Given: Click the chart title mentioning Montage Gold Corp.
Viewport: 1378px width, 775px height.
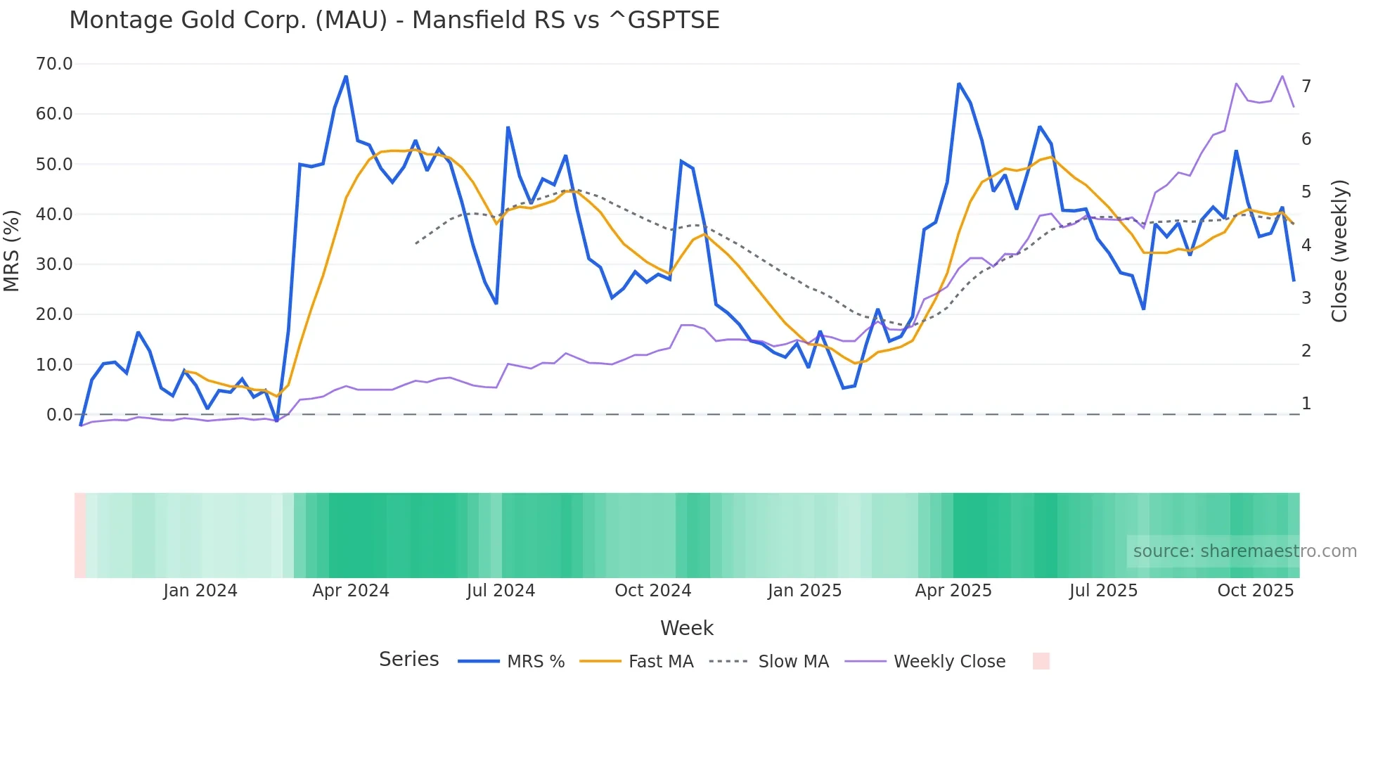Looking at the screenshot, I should [x=394, y=20].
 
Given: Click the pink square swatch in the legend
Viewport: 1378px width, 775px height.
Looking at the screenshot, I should [x=1041, y=661].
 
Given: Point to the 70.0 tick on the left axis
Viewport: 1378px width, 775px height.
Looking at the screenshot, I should [x=54, y=64].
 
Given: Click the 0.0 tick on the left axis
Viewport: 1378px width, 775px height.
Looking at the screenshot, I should [x=59, y=415].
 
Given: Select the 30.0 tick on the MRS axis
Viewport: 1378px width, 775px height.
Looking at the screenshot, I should [x=54, y=264].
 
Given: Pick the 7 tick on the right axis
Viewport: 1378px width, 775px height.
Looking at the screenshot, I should [x=1306, y=87].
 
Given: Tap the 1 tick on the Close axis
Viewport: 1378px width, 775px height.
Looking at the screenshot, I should [x=1306, y=404].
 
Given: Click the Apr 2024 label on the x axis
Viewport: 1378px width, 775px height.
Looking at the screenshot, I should [x=351, y=591].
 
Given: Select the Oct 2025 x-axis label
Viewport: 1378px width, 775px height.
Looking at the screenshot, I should [x=1255, y=591].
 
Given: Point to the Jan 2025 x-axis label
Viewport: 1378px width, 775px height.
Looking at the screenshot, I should [x=804, y=591].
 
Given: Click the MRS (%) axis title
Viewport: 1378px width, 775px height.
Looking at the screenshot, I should [x=11, y=250].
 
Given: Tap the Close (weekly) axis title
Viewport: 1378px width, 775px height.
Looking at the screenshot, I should [x=1339, y=251].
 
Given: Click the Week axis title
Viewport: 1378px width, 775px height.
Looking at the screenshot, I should [x=687, y=628].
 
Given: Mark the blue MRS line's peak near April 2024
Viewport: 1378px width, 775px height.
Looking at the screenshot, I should [x=346, y=77].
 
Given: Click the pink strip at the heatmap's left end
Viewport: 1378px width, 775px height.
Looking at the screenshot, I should [x=80, y=535].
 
